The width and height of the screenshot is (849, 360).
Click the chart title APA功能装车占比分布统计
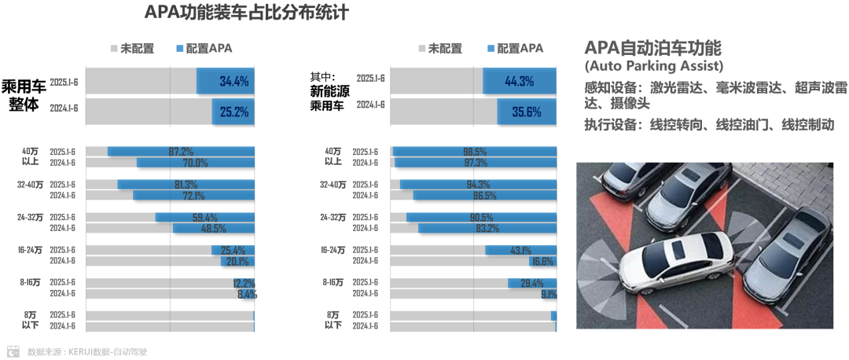pos(247,13)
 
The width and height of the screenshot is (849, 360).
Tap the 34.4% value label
pos(234,81)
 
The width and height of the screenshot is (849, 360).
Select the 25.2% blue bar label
pos(234,112)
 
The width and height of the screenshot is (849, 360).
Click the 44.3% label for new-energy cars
pos(520,81)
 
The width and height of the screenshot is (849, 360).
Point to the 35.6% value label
pos(527,112)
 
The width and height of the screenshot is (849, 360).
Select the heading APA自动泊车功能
pos(653,46)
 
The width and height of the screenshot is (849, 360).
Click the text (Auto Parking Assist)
pos(653,66)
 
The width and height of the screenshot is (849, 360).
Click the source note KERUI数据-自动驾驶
pos(87,351)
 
